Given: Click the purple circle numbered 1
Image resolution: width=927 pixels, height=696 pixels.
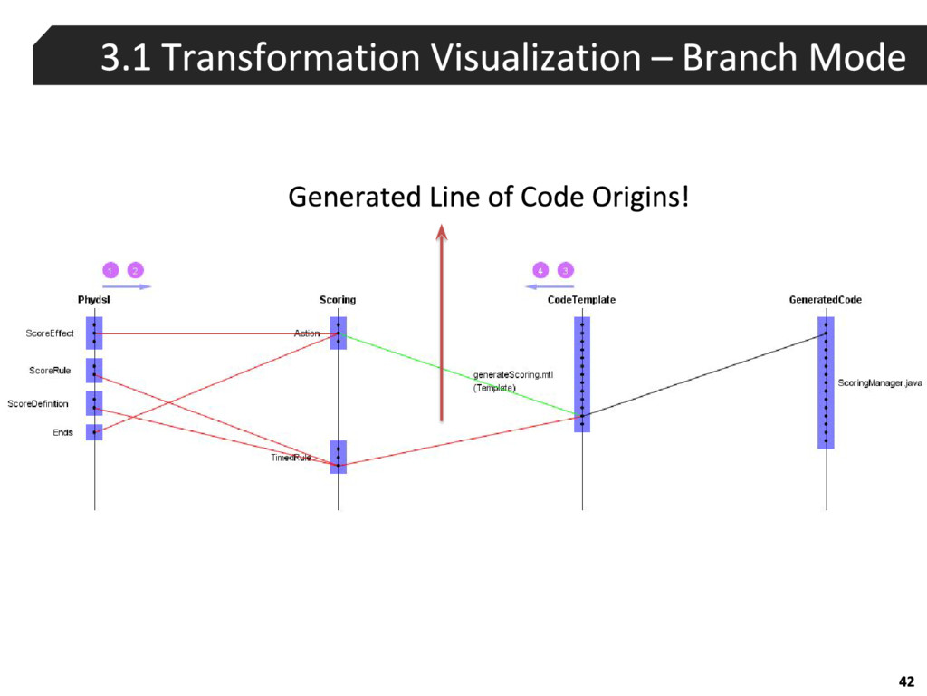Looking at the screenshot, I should (x=110, y=270).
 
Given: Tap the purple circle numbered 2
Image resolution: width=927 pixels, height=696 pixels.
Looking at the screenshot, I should (x=134, y=270).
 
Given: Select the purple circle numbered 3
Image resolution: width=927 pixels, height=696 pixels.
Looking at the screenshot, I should (x=565, y=270).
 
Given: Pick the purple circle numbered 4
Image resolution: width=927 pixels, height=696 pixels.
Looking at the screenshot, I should (x=540, y=270).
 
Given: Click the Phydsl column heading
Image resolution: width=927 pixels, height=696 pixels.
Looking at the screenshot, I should (x=94, y=300).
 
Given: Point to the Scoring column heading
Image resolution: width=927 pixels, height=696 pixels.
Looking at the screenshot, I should (x=338, y=300).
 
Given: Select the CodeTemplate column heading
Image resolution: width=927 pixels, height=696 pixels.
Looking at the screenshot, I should (x=581, y=300).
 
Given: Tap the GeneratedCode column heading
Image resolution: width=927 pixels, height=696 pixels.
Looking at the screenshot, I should (x=825, y=300).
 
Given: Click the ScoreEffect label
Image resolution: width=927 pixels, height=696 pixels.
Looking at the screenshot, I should (x=50, y=333).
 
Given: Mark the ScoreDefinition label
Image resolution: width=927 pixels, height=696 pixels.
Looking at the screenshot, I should (x=38, y=404).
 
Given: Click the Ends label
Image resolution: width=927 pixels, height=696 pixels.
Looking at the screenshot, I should (x=62, y=432).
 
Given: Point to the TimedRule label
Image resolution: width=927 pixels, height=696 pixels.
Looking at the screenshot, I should (x=291, y=458).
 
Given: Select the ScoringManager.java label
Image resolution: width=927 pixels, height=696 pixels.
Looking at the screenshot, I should (x=880, y=383).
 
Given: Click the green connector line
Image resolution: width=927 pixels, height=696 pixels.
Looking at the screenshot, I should (x=453, y=372).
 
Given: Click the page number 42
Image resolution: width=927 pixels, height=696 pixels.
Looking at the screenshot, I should (x=905, y=681).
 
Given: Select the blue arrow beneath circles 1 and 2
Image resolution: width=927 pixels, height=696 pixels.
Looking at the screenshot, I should (x=127, y=286).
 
